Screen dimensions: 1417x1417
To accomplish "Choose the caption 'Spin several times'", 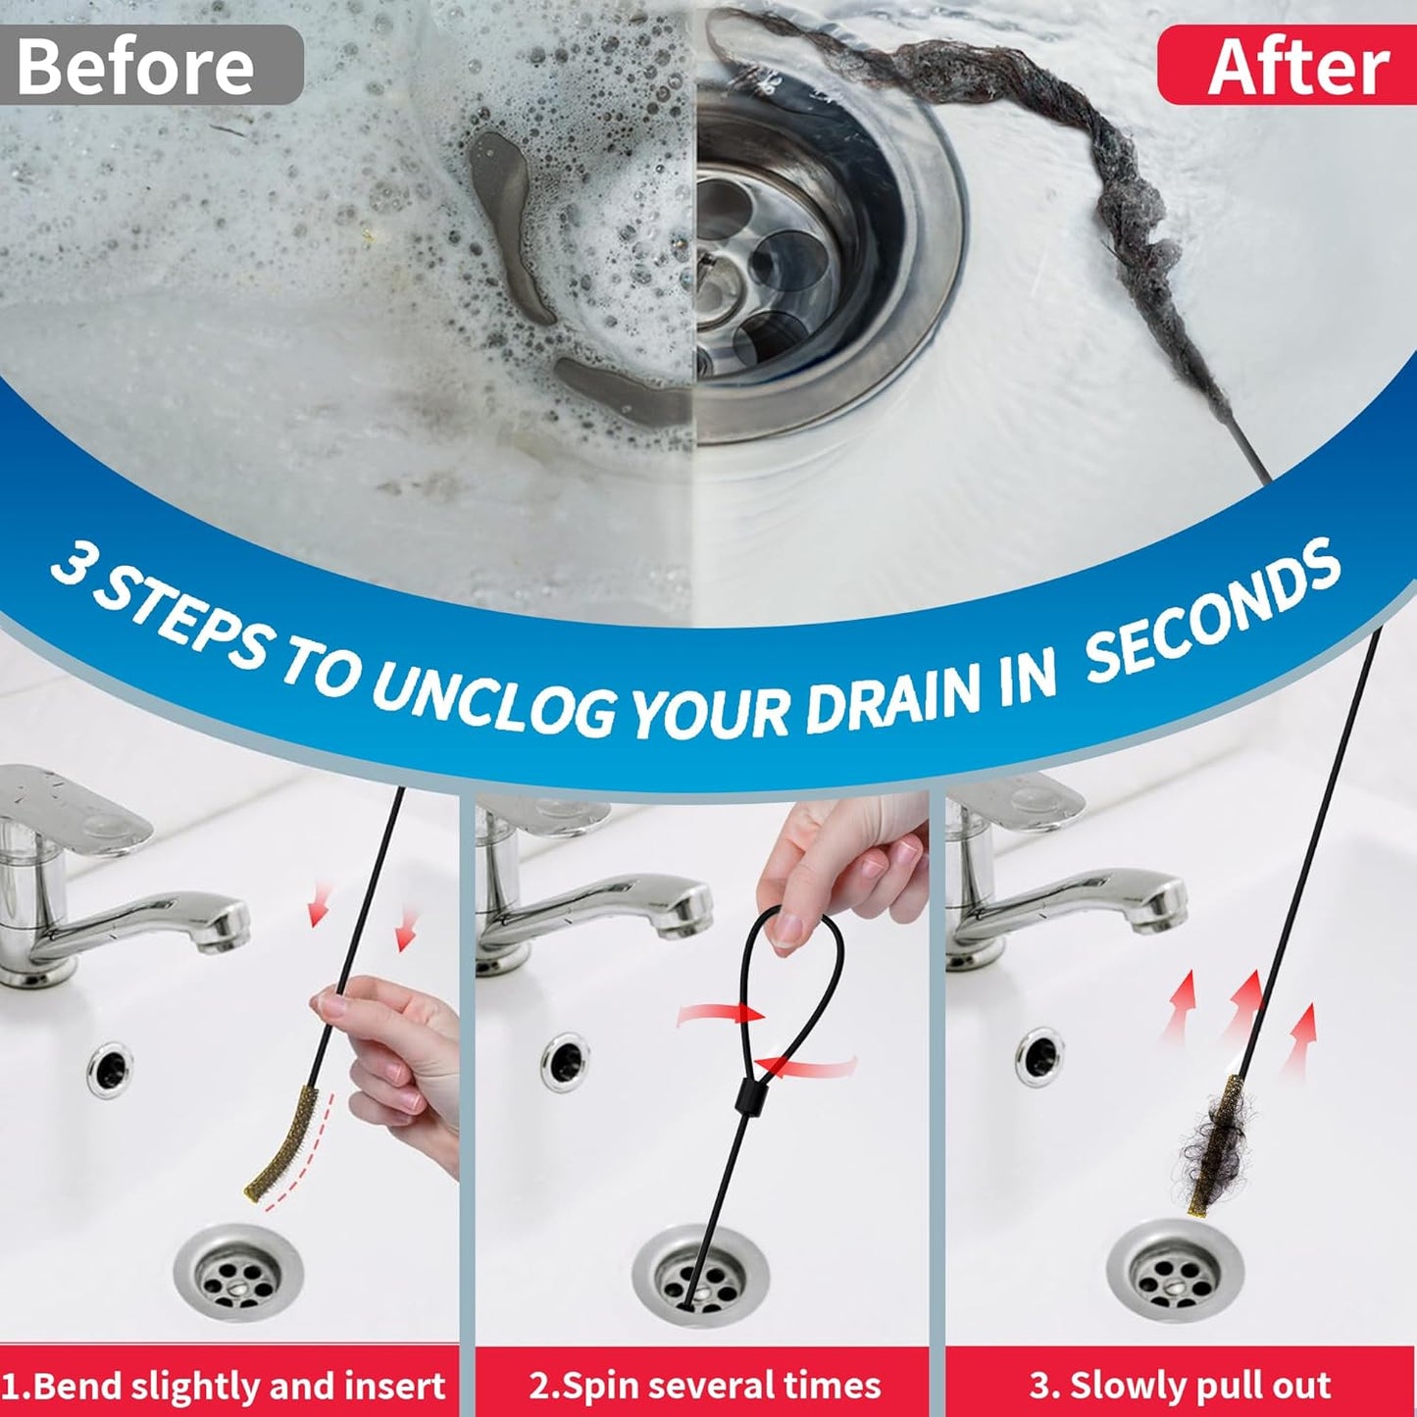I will (x=704, y=1386).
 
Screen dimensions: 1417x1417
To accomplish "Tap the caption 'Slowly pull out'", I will (x=1180, y=1386).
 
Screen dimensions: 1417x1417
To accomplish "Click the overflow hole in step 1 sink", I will (x=109, y=1069).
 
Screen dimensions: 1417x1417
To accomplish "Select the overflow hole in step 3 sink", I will (x=1039, y=1057).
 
